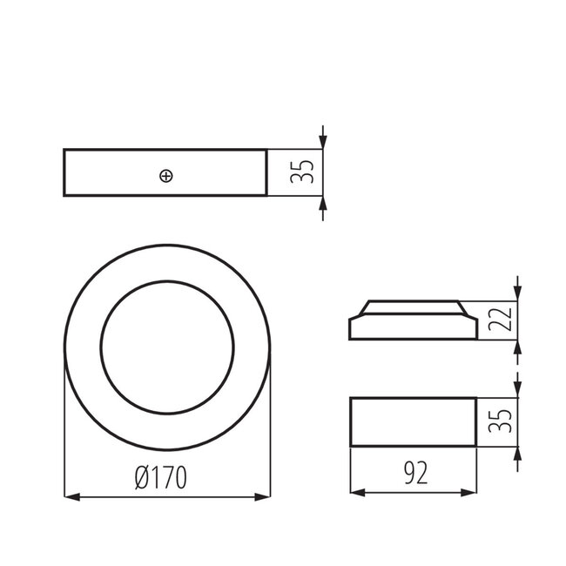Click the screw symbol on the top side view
pyautogui.click(x=166, y=176)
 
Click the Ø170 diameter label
pyautogui.click(x=162, y=478)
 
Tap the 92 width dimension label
pyautogui.click(x=414, y=473)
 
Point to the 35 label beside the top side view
pyautogui.click(x=302, y=172)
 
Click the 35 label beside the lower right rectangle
pyautogui.click(x=497, y=422)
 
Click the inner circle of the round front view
pyautogui.click(x=166, y=347)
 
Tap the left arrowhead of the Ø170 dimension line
pyautogui.click(x=71, y=497)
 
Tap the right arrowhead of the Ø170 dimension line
pyautogui.click(x=263, y=497)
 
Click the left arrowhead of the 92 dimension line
pyautogui.click(x=356, y=492)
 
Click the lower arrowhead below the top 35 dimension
pyautogui.click(x=323, y=203)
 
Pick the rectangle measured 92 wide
pyautogui.click(x=413, y=422)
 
